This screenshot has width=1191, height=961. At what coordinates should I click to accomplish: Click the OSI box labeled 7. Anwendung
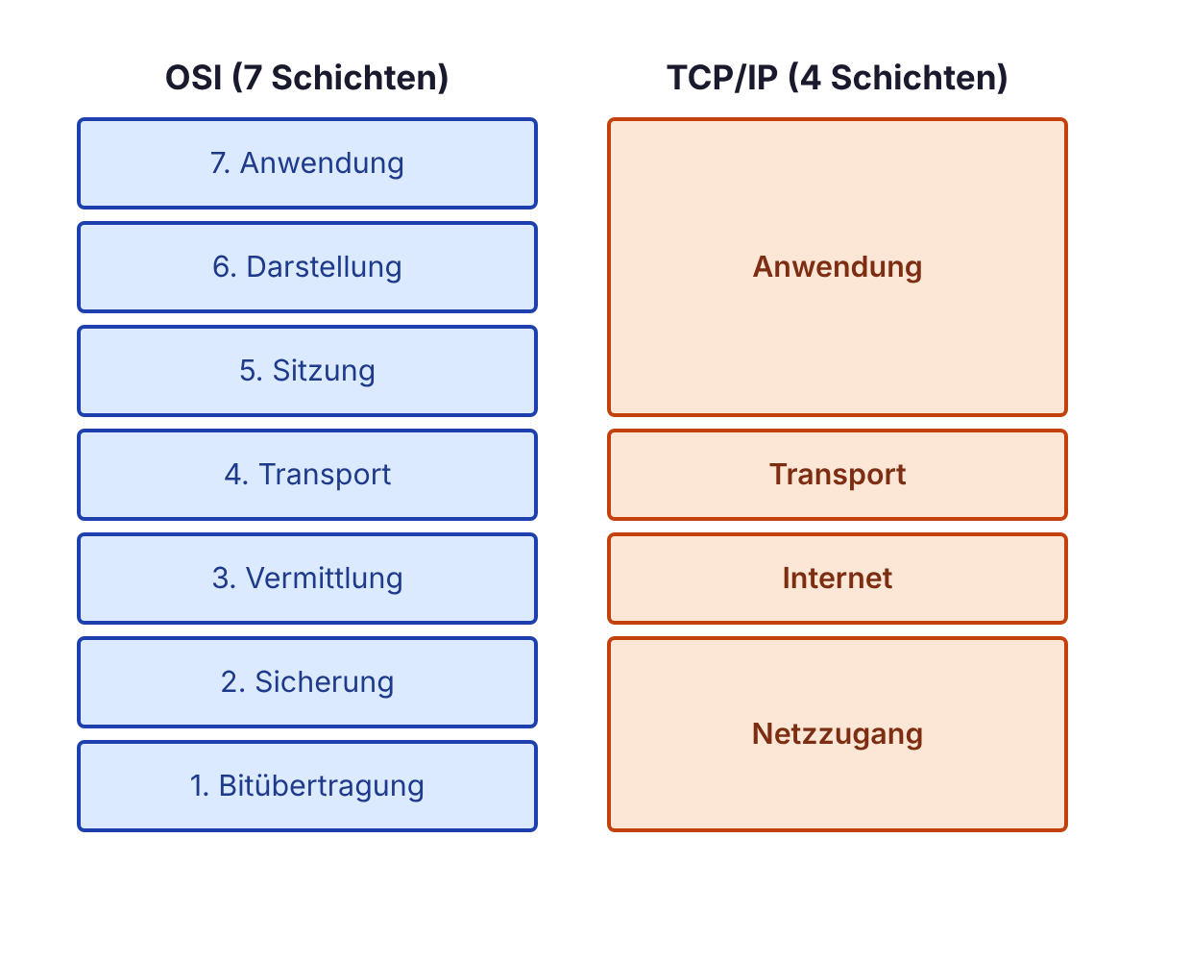coord(307,163)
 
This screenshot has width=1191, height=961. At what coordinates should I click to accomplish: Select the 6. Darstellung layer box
coord(307,267)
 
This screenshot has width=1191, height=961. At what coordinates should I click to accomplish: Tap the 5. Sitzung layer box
coord(307,371)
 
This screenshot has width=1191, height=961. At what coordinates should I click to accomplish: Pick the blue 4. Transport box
coord(307,475)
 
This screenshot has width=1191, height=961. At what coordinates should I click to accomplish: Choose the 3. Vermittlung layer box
coord(307,579)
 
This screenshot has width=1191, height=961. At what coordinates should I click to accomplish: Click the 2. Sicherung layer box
coord(307,682)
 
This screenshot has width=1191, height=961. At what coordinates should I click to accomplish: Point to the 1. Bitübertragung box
coord(307,786)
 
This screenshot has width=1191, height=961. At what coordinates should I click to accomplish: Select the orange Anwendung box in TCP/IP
coord(837,267)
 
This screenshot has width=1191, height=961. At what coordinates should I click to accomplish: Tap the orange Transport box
coord(837,475)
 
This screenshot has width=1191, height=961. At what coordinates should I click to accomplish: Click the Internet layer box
coord(837,579)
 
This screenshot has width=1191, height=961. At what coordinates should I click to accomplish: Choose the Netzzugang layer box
coord(837,734)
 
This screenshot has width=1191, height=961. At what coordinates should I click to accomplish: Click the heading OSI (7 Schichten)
coord(307,78)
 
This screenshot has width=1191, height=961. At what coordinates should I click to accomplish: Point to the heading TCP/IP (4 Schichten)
coord(837,78)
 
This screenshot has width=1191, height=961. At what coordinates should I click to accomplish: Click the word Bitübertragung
coord(322,786)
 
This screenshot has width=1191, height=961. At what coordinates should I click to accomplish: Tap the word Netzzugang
coord(837,734)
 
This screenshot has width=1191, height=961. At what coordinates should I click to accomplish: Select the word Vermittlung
coord(325,579)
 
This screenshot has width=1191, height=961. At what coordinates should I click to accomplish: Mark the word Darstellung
coord(325,267)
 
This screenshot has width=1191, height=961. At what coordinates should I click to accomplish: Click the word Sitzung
coord(324,371)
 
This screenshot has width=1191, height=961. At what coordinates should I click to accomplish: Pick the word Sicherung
coord(325,682)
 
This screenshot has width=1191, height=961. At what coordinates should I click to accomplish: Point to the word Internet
coord(837,579)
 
